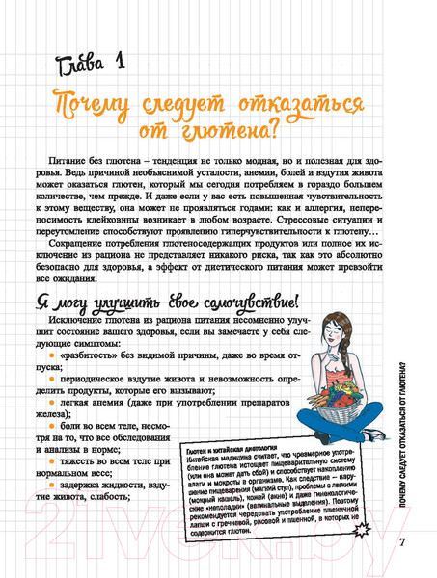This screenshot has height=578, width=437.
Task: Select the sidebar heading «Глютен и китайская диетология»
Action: (x=230, y=453)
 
